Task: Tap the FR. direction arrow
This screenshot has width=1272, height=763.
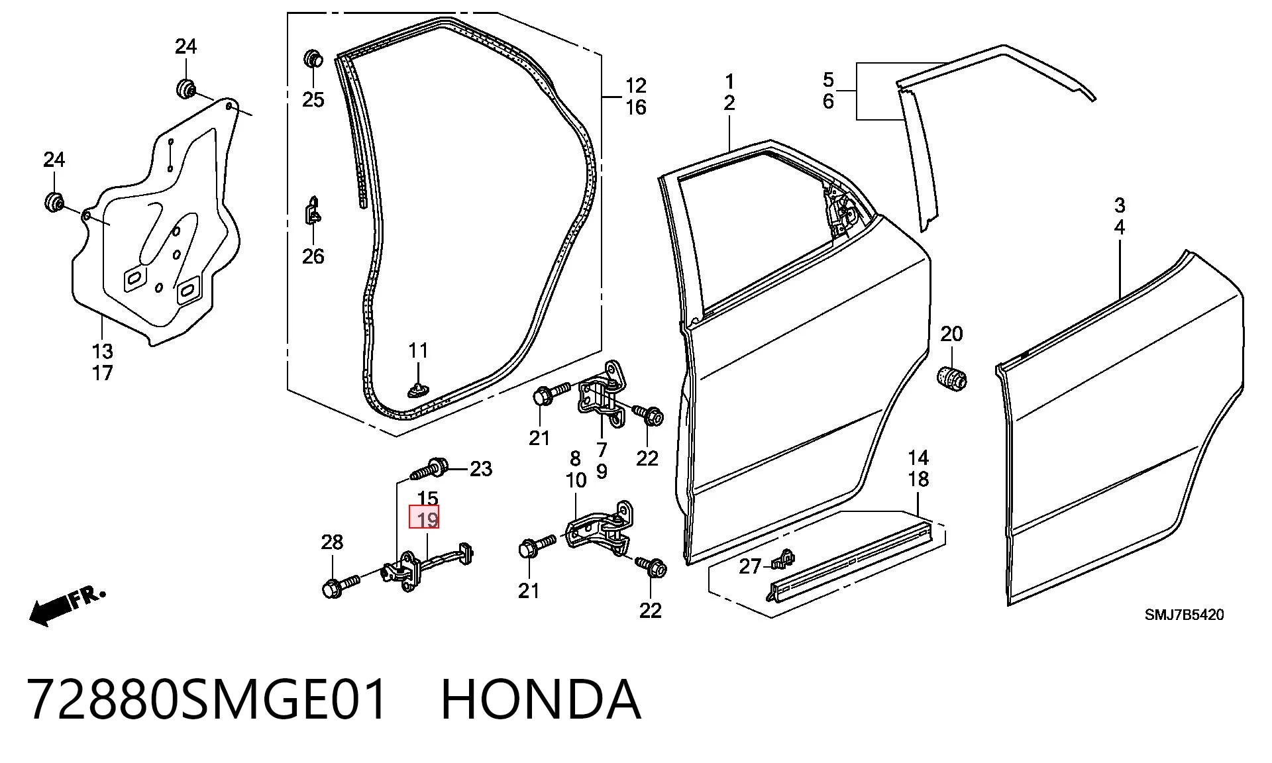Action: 66,605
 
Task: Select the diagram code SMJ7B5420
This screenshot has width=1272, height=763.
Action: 1185,615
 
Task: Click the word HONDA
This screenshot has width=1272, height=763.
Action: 541,700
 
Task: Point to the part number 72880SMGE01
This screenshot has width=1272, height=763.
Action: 207,700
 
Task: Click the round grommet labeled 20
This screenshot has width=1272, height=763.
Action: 952,377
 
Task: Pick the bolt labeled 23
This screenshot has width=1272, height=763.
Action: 428,470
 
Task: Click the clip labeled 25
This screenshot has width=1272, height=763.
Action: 312,58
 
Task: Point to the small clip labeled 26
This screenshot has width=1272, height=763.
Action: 313,211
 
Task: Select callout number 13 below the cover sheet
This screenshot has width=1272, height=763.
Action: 102,350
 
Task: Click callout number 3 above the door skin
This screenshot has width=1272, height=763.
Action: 1119,205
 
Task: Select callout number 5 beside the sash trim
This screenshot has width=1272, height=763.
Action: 828,80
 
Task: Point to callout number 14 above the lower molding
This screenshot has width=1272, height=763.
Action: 918,458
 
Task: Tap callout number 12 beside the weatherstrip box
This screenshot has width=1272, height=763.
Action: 635,85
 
